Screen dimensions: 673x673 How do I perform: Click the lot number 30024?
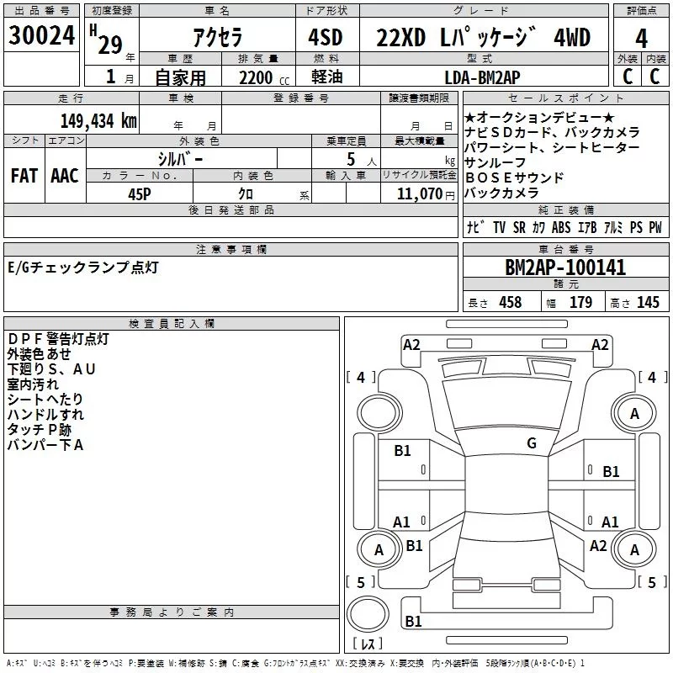pos(41,36)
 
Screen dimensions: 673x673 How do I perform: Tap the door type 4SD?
pos(326,38)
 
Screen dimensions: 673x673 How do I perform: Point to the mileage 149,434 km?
pos(98,120)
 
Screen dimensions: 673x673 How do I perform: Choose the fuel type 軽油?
pos(326,77)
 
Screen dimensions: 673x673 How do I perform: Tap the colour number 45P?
pos(140,193)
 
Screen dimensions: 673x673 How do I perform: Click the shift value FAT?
pos(24,176)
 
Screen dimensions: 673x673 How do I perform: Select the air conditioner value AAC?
pos(65,176)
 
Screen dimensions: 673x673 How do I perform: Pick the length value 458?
pos(510,303)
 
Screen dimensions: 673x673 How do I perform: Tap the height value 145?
pos(648,303)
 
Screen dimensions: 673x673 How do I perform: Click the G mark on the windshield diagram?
pos(531,443)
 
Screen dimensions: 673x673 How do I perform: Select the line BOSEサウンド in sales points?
pos(514,178)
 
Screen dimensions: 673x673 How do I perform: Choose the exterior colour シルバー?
pos(180,158)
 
